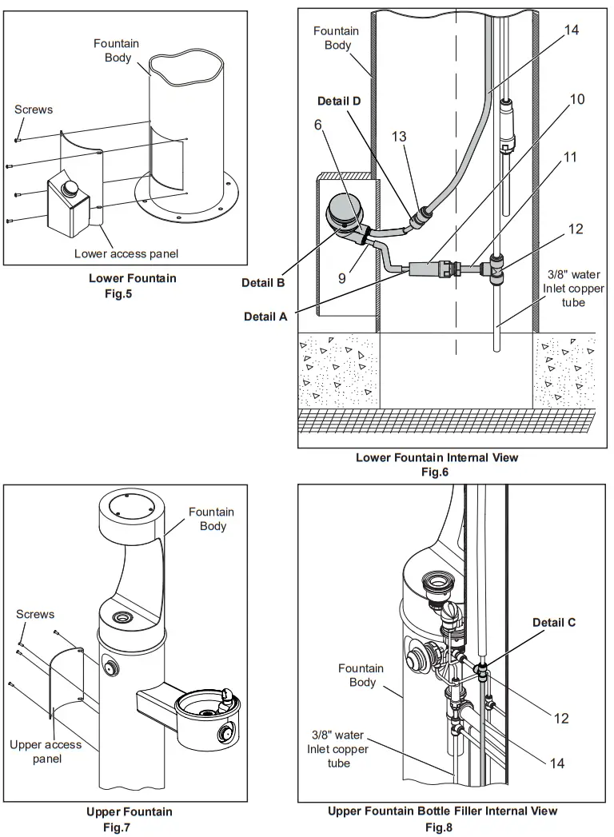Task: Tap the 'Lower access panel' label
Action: pos(126,253)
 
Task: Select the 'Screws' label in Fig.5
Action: pos(33,110)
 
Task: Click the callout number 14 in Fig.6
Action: pos(571,30)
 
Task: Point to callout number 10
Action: pos(576,99)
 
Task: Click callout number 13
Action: pos(399,137)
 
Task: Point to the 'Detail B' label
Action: pos(264,283)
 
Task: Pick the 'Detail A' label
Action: pos(265,317)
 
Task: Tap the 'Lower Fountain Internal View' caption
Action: pos(437,457)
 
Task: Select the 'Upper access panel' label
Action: pos(46,751)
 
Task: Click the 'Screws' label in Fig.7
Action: pos(36,614)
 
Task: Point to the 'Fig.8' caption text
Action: pos(439,826)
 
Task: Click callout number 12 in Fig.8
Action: pos(561,718)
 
